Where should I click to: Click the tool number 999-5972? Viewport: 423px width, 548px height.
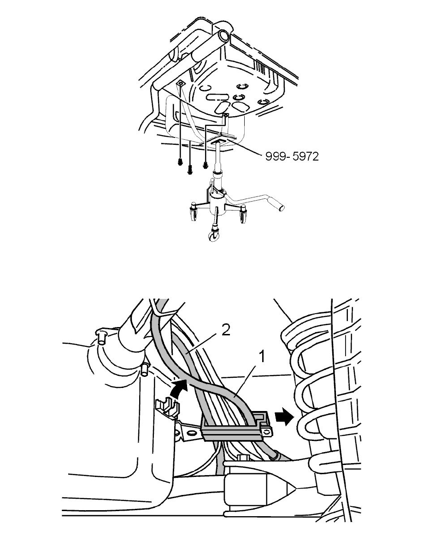click(x=292, y=156)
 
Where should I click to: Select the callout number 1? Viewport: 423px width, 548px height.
click(x=262, y=357)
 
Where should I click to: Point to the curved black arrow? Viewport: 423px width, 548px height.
click(x=179, y=390)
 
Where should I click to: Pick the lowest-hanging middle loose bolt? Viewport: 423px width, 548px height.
click(x=190, y=170)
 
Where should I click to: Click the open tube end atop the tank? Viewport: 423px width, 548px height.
click(x=224, y=36)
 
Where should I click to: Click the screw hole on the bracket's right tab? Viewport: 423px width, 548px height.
click(x=267, y=432)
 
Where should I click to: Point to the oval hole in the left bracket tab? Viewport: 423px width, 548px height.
click(x=192, y=434)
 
